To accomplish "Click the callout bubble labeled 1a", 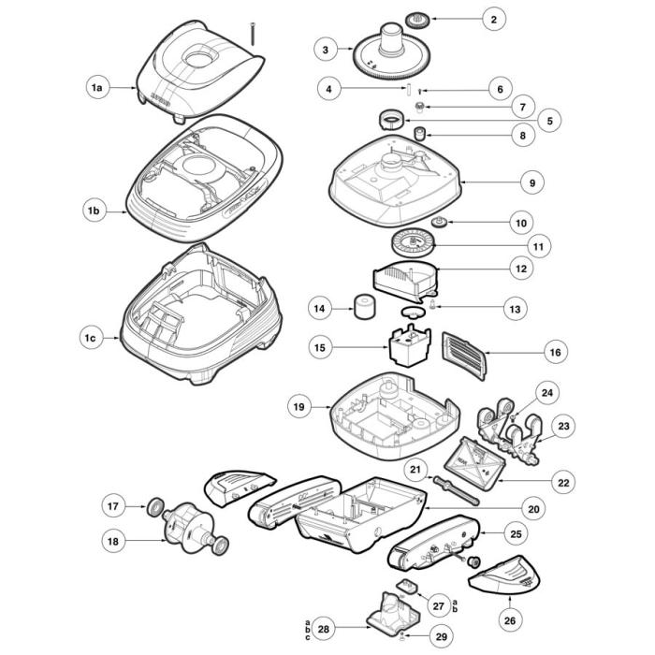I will pos(96,87).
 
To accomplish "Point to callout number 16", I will pos(554,353).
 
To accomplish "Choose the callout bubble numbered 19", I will pos(298,407).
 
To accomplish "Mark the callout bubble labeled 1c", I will pos(91,336).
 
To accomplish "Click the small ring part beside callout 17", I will pos(149,507).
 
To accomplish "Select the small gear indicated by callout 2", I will pos(416,18).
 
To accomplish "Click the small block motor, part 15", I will pos(409,349).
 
